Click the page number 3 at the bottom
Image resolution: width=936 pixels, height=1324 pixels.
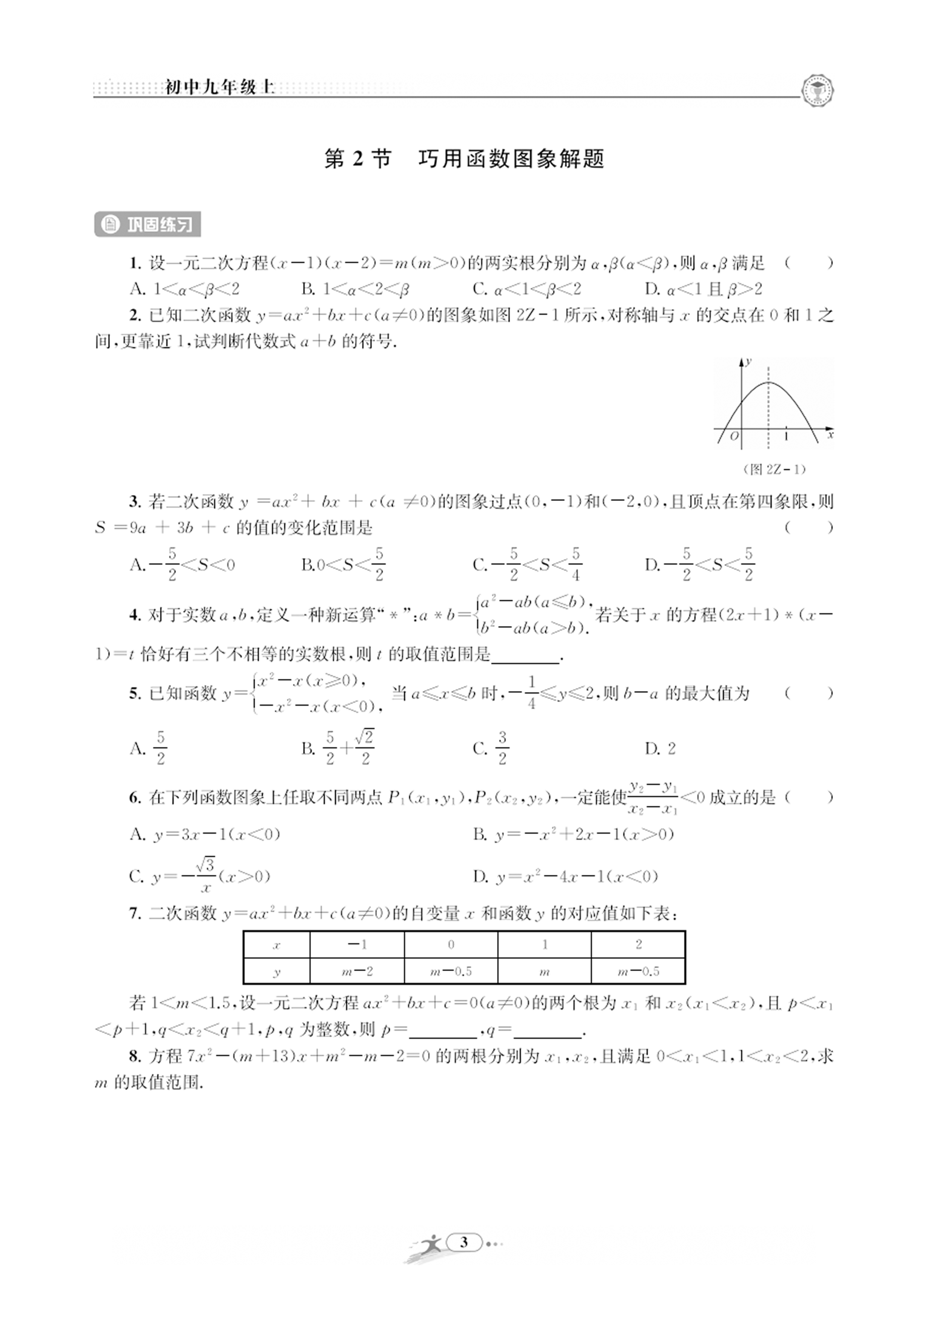(x=464, y=1242)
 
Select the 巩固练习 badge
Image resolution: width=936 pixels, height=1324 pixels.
(x=148, y=224)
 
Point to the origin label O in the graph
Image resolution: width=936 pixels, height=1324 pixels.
(x=734, y=436)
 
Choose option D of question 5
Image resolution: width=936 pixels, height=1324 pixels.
(x=660, y=748)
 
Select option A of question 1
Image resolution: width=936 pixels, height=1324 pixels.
(x=185, y=289)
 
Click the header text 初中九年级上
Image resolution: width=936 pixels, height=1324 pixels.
(x=220, y=88)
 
